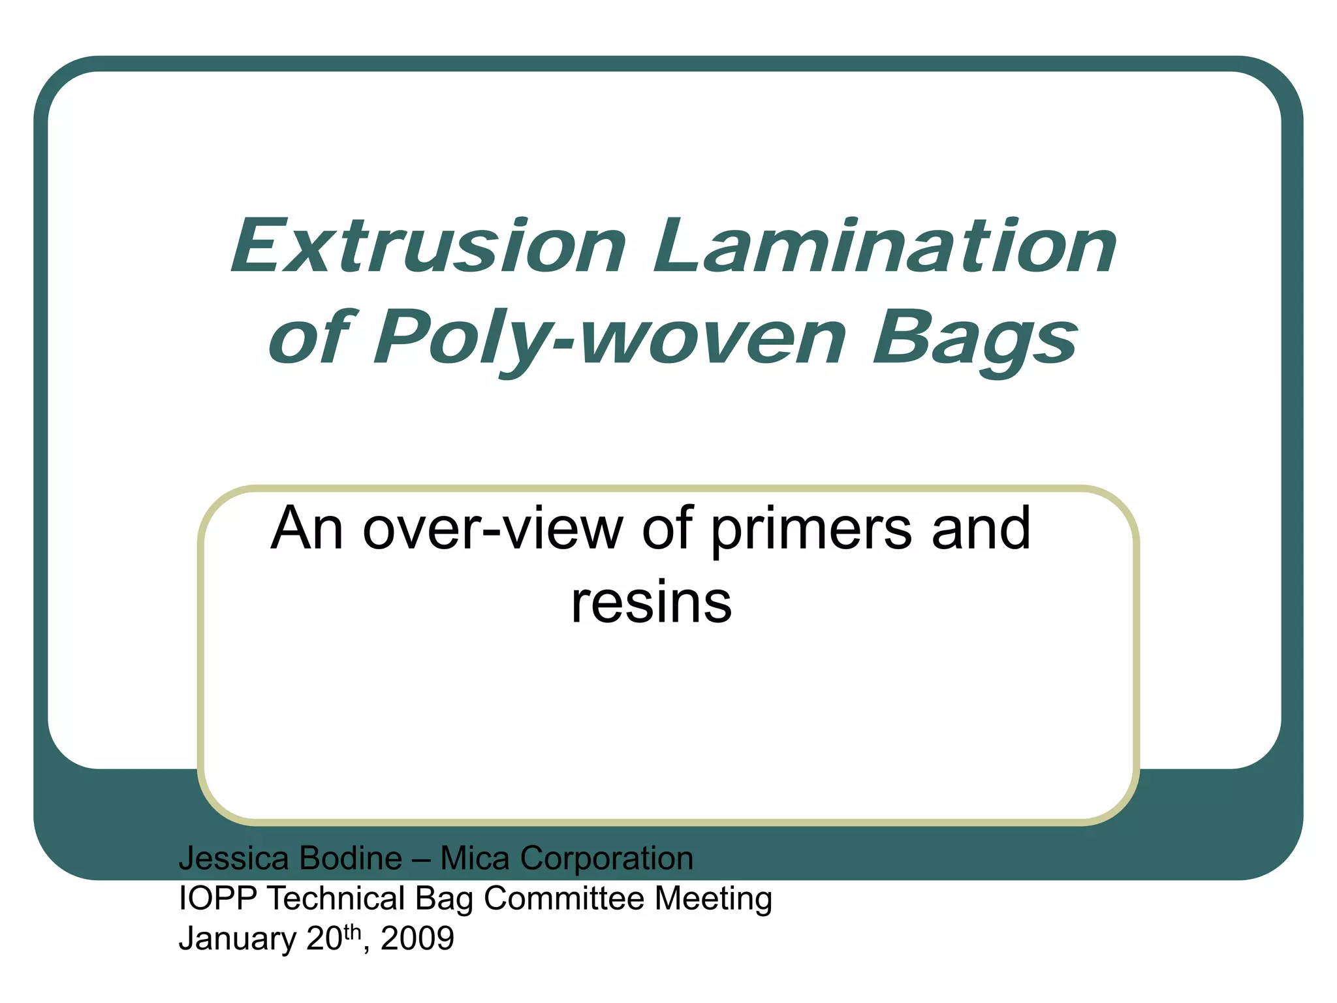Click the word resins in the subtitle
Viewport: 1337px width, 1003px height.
click(x=651, y=602)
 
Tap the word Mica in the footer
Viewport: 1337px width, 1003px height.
click(x=475, y=858)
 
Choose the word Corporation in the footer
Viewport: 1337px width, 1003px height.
click(x=606, y=858)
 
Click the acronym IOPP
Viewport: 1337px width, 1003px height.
click(x=218, y=899)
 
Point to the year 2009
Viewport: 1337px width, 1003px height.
click(x=417, y=939)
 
